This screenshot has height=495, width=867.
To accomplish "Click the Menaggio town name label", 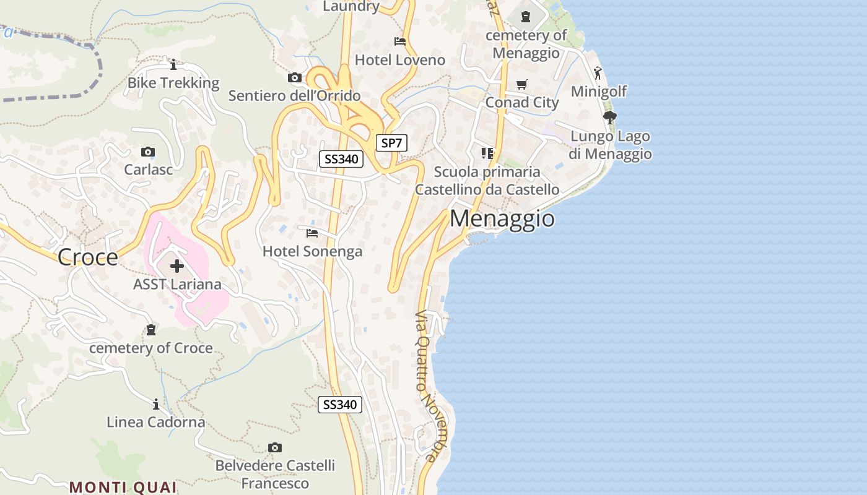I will (502, 218).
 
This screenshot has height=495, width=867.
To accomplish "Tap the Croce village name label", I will (88, 257).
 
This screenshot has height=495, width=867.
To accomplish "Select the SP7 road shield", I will (391, 143).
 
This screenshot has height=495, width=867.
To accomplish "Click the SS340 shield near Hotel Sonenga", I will (341, 159).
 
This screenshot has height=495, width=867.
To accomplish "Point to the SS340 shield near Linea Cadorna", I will (340, 405).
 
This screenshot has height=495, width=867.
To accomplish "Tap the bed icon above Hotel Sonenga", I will (312, 233).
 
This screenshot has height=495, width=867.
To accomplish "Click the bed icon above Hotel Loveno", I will (400, 41).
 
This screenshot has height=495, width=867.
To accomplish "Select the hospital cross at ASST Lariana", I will (177, 266).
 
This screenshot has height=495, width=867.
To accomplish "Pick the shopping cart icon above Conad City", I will (522, 84).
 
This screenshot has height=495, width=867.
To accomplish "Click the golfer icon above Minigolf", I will (598, 74).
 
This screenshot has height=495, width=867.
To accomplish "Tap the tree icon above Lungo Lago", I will (610, 118).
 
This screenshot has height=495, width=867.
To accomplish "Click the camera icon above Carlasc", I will (148, 152).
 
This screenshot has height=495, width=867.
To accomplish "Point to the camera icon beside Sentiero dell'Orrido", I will (295, 78).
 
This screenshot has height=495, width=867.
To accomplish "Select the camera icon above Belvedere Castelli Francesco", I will (275, 447).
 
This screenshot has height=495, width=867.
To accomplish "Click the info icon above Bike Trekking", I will (173, 64).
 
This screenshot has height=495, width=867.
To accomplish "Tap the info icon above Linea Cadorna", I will (155, 405).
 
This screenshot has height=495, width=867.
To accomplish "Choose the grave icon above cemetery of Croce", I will (150, 330).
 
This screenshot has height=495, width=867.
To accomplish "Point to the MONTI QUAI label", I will (123, 487).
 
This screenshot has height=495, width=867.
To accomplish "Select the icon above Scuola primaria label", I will (487, 153).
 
